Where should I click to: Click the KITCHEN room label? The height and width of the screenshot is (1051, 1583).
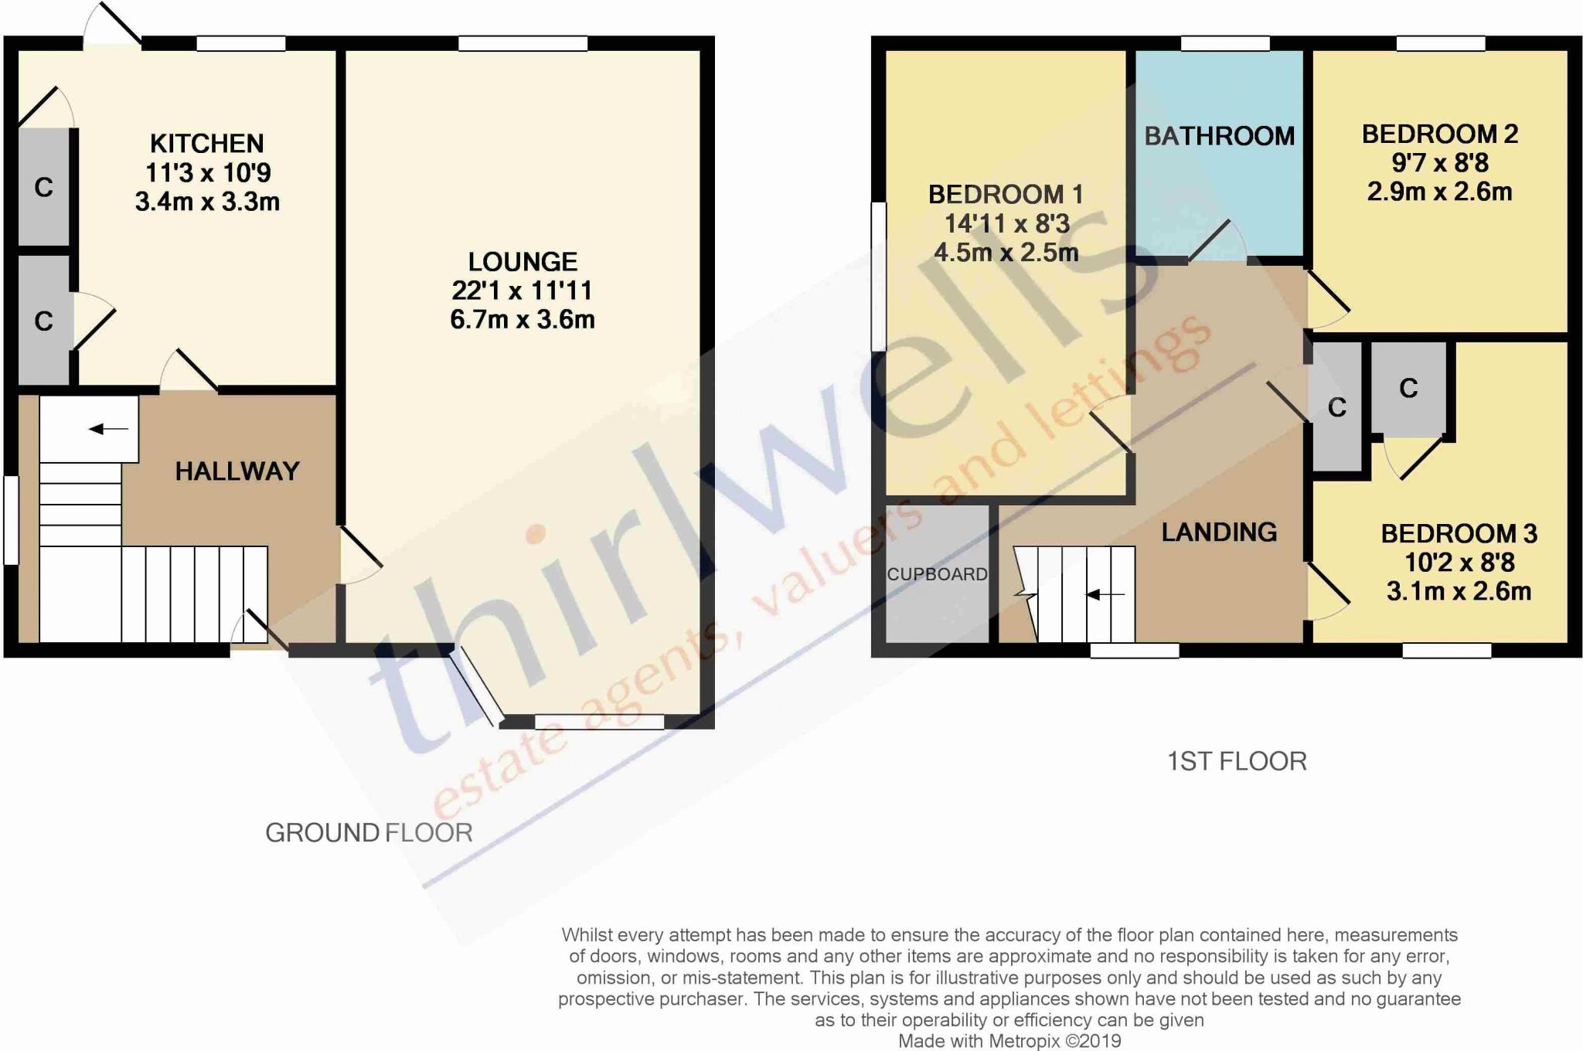[206, 144]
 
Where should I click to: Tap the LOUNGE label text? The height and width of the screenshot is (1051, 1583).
[523, 262]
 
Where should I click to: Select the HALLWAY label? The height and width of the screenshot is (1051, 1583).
[237, 471]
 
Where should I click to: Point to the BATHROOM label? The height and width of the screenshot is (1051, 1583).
[1219, 136]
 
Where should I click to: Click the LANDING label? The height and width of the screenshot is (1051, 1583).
[1219, 532]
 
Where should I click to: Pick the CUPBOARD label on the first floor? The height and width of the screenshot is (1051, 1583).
[937, 574]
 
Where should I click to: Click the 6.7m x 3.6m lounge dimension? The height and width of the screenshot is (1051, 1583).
[523, 319]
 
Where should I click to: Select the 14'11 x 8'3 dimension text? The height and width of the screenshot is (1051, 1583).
[1006, 223]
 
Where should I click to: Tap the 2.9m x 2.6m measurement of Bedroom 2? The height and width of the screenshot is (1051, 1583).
[1439, 192]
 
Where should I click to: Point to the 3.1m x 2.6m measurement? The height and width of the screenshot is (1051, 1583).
[1459, 591]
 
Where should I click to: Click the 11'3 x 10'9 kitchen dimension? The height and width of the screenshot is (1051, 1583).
[208, 172]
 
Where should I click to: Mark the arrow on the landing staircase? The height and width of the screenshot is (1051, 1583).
[1105, 594]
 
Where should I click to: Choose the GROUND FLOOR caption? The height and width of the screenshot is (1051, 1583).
[369, 832]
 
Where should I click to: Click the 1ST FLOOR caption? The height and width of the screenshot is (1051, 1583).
[1237, 761]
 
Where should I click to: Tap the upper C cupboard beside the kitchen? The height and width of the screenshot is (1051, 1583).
[44, 187]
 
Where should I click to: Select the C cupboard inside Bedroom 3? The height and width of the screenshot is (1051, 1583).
[1408, 388]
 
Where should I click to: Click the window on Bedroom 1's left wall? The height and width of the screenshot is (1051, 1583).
[878, 277]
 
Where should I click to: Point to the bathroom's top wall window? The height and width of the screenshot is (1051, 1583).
[1225, 44]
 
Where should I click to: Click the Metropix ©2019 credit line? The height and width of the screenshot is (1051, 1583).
[1009, 1041]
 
